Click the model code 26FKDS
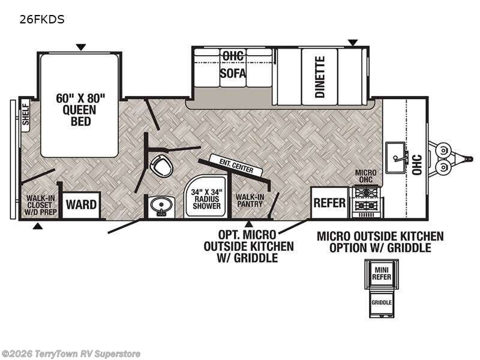42,20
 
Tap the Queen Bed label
80,110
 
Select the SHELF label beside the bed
25,115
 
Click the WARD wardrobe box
81,205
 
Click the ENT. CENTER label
236,166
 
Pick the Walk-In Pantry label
249,200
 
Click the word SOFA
233,73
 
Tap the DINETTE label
320,77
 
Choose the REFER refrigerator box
329,202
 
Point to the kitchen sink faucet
401,157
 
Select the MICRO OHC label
365,176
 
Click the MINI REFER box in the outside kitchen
382,273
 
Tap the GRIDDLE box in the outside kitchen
382,302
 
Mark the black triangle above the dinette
353,43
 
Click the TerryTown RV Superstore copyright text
71,354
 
